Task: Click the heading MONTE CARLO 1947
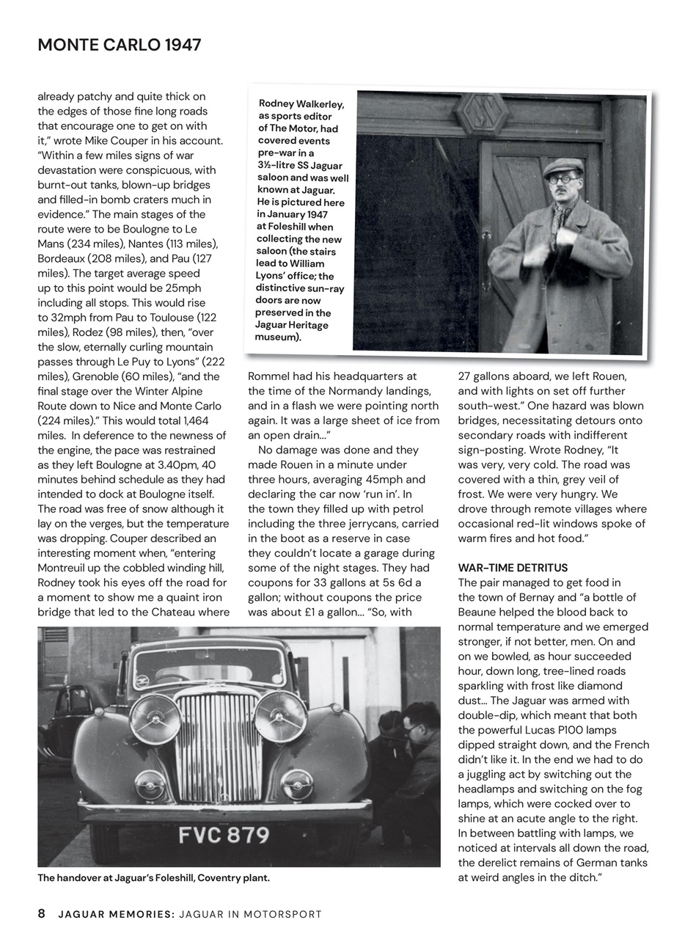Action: (119, 45)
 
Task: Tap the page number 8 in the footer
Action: (42, 914)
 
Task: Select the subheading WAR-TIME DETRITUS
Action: (513, 568)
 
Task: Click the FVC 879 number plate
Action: (224, 835)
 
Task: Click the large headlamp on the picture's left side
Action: (155, 719)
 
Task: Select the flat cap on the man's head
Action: (563, 167)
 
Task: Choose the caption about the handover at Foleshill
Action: (153, 878)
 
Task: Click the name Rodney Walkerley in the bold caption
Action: (301, 103)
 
